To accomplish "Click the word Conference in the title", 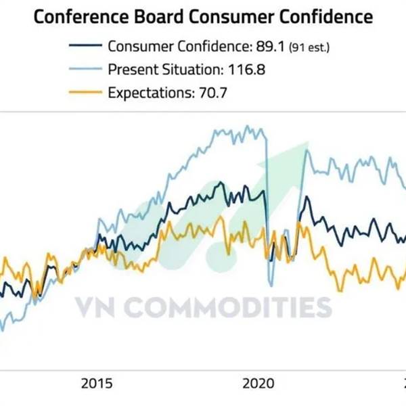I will [x=78, y=16].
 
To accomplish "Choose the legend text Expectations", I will [x=146, y=91].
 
